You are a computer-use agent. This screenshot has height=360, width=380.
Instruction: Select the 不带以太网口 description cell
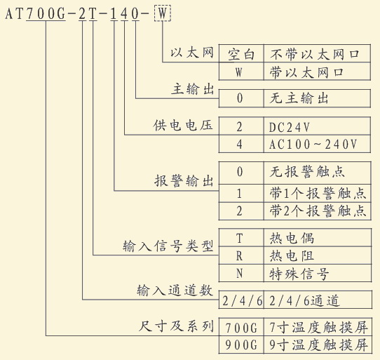point(317,53)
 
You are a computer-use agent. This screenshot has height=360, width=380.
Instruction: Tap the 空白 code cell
point(241,53)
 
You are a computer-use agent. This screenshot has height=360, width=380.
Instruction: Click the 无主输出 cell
point(317,98)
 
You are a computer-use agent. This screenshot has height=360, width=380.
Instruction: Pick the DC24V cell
point(317,126)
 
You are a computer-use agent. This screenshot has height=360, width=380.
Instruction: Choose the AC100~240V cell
point(317,144)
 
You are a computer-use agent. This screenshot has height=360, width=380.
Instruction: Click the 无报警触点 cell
point(317,173)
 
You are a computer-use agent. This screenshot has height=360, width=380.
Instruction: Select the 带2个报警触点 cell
point(317,211)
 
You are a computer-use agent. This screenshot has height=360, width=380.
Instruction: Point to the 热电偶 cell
point(318,238)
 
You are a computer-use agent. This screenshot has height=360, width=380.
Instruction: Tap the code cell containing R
point(241,255)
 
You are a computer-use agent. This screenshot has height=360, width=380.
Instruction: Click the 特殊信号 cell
point(318,273)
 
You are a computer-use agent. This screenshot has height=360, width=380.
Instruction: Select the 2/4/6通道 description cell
point(318,300)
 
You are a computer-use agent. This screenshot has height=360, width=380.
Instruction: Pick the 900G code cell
point(241,345)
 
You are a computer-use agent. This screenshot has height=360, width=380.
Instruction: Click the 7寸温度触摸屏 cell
point(318,327)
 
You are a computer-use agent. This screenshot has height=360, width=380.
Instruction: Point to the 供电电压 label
point(183,126)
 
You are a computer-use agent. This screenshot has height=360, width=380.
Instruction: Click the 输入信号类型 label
point(168,246)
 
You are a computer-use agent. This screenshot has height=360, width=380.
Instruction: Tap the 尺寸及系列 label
point(176,326)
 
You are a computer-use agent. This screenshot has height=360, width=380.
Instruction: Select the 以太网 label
point(192,53)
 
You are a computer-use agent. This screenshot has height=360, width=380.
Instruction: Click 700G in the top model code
point(46,13)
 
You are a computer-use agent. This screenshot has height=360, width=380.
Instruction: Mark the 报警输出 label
point(184,181)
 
